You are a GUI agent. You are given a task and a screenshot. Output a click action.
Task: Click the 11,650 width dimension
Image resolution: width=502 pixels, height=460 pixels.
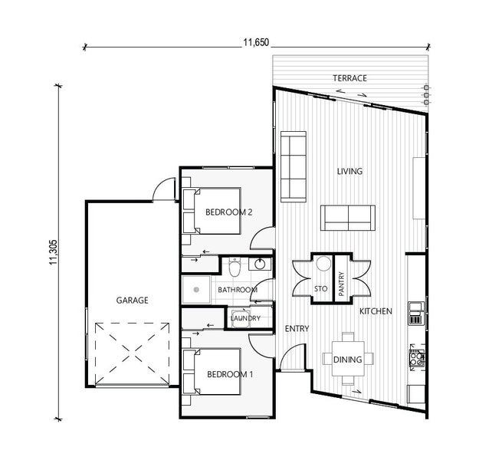pos(256,42)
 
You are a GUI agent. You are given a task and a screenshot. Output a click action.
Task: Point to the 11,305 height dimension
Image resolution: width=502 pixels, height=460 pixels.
pos(53,252)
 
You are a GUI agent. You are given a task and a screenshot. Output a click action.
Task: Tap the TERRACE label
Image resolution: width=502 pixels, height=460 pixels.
pos(349,78)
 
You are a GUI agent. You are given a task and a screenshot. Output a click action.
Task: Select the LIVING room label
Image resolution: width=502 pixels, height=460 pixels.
pos(349,171)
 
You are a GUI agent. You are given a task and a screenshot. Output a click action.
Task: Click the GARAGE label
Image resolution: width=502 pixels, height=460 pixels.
pos(133,301)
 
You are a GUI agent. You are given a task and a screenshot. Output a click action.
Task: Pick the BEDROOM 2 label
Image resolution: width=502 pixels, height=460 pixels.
pos(229,212)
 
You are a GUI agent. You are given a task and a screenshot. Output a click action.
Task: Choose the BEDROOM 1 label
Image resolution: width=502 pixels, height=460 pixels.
pos(230,374)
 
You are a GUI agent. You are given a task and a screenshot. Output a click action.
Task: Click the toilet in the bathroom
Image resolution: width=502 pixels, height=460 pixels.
pos(235,267)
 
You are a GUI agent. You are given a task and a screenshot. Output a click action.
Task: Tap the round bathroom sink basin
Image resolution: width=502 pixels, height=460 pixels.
pos(260,264)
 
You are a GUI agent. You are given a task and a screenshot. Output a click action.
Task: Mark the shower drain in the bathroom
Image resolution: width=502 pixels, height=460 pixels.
pos(196,290)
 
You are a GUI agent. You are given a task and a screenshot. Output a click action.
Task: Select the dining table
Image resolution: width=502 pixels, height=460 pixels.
pos(348,359)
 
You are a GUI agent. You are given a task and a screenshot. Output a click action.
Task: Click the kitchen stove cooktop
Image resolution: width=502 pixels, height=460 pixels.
pos(416,358)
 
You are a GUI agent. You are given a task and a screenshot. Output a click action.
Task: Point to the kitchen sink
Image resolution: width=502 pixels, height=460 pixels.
pos(416,314)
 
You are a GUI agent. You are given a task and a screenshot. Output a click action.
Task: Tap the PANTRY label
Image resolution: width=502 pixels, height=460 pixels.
pos(341,284)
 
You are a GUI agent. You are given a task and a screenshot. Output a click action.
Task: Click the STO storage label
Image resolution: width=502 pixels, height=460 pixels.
pos(321,289)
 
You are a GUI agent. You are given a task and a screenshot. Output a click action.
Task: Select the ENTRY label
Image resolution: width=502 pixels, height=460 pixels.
pos(297,329)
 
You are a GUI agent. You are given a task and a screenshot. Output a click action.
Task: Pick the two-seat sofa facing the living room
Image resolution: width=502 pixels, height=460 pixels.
pos(348,218)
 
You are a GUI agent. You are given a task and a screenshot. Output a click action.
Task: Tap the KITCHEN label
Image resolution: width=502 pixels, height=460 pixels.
pos(376,311)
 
